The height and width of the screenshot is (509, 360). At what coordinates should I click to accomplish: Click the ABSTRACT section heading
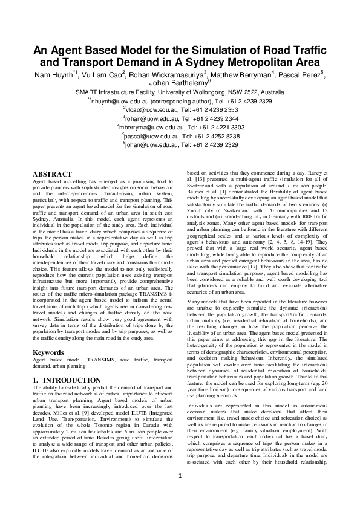click(53, 174)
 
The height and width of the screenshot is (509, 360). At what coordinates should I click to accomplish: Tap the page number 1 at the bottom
click(180, 492)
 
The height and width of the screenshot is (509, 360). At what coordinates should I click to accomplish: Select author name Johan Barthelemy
click(180, 83)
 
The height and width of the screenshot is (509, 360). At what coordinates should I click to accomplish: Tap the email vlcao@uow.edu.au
click(146, 111)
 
